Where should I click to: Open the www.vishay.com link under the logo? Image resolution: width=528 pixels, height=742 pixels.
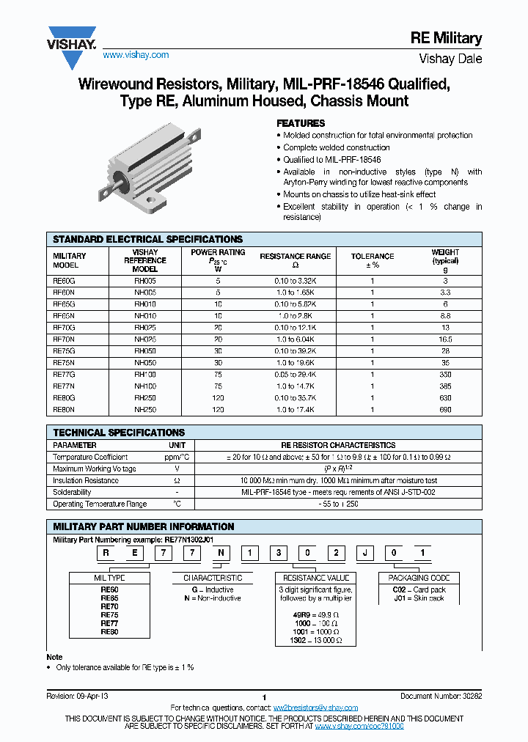tap(136, 55)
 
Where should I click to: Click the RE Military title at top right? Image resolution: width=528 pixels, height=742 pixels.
tap(445, 39)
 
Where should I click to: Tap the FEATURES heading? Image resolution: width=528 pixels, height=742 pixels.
tap(301, 123)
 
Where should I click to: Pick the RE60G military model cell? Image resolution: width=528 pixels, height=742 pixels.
tap(65, 280)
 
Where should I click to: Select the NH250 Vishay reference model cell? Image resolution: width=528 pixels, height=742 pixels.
tap(145, 409)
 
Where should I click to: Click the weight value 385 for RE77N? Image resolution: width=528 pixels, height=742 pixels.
tap(445, 386)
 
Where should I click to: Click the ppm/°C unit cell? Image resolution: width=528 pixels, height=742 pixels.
tap(177, 457)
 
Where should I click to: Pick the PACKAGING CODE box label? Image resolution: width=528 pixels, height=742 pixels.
tap(419, 578)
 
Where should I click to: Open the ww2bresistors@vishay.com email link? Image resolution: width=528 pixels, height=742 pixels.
tap(315, 708)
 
